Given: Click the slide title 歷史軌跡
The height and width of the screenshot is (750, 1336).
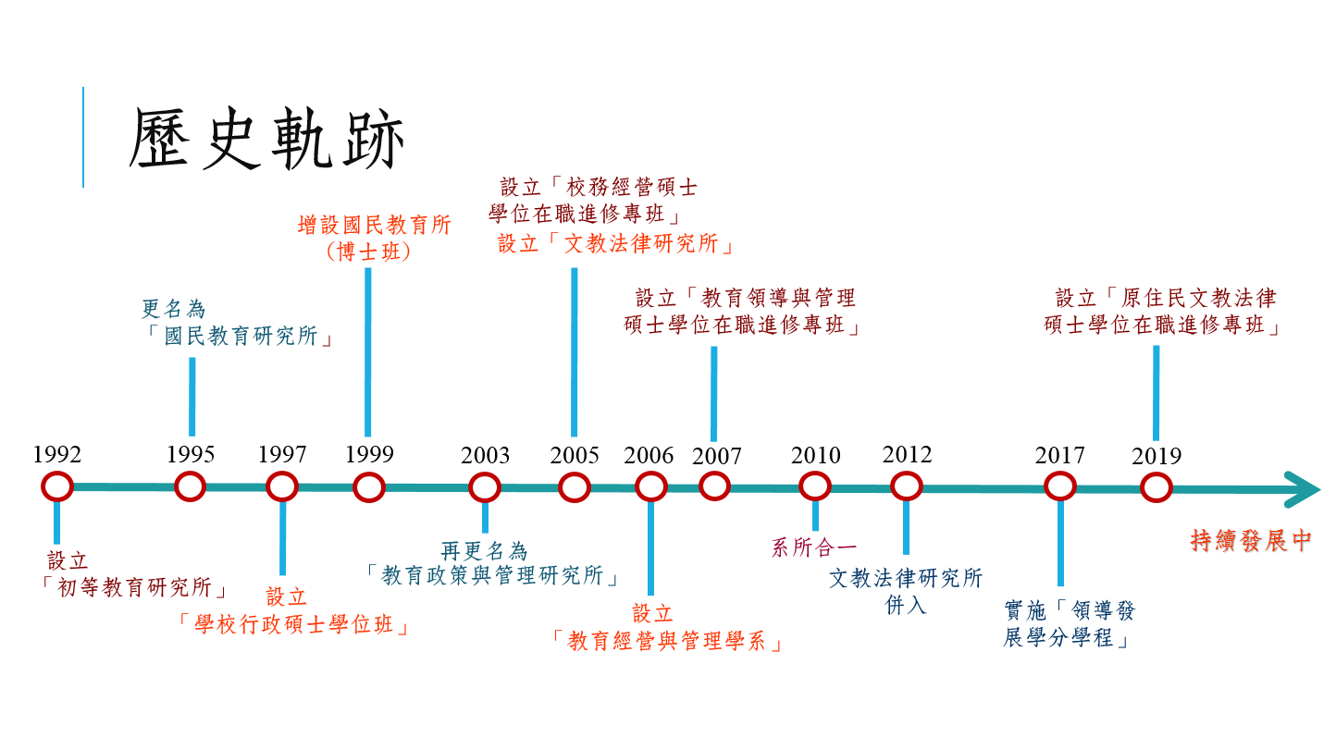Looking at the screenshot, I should (x=267, y=140).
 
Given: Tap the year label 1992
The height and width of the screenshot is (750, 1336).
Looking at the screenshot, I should (x=57, y=455).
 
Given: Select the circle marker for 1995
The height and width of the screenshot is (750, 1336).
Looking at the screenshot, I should (x=191, y=486).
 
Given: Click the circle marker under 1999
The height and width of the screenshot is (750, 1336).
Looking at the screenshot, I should (x=368, y=486).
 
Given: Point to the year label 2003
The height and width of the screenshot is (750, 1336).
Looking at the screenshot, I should (x=485, y=456).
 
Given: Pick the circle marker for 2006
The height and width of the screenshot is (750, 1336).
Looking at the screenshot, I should (x=651, y=486).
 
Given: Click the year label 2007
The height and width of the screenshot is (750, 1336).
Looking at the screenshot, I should (x=716, y=457).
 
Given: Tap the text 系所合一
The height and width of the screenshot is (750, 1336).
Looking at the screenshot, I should (x=814, y=547).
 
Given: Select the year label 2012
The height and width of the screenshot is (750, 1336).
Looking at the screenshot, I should (x=907, y=455).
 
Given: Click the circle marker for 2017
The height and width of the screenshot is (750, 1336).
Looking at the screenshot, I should (x=1060, y=486).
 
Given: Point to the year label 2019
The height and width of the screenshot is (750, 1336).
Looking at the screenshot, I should (x=1157, y=457).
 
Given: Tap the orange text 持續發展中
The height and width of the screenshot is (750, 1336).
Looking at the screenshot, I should (x=1251, y=541).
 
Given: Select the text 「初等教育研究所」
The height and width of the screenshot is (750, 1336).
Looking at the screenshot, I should (x=136, y=587).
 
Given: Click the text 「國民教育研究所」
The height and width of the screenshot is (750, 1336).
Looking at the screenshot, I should (x=240, y=337).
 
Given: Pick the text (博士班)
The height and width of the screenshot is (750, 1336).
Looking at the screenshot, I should (x=368, y=252).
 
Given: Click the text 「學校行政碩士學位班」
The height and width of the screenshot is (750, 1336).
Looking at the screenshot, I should (x=294, y=625).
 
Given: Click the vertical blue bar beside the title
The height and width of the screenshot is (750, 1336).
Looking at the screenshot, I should (x=83, y=137).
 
